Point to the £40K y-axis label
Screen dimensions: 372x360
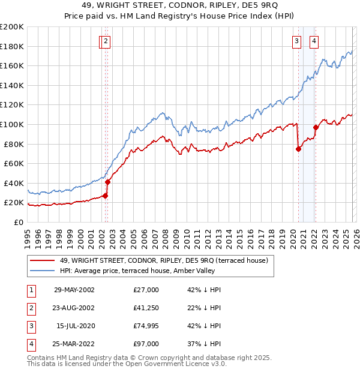tap(14, 183)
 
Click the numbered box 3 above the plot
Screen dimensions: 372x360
tap(296, 41)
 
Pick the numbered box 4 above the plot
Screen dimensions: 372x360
tap(314, 41)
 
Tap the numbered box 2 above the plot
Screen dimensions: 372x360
tap(106, 41)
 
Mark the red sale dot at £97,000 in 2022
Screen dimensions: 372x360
tap(316, 127)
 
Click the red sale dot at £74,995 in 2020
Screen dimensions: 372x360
tap(298, 149)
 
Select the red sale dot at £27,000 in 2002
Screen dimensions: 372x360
tap(105, 196)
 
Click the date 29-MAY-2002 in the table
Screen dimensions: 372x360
tap(74, 290)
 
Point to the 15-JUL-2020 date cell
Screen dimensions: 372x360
tap(74, 326)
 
